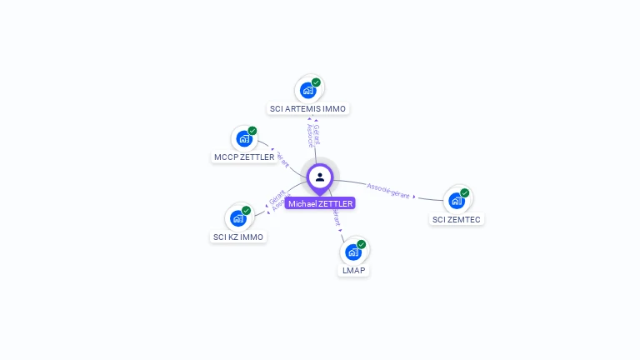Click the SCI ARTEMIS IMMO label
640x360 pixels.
(x=308, y=108)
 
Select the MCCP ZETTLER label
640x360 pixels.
(x=244, y=157)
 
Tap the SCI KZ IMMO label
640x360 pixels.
(x=238, y=237)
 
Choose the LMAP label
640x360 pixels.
(x=354, y=270)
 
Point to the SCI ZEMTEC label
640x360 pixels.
(x=456, y=219)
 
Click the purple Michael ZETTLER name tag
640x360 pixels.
(x=320, y=203)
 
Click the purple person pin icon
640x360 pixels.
(x=320, y=177)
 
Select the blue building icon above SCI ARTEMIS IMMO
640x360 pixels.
(x=307, y=90)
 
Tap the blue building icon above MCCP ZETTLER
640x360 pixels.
(x=243, y=138)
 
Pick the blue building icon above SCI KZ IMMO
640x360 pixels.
(x=237, y=218)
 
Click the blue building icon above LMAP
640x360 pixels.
(x=353, y=252)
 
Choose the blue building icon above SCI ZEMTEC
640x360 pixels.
(x=456, y=201)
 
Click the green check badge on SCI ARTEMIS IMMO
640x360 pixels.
(x=317, y=82)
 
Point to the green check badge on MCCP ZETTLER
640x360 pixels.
(x=252, y=131)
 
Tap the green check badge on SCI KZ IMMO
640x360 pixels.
(x=247, y=211)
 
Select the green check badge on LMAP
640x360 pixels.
(x=362, y=244)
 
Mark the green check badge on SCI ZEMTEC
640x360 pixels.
(x=465, y=193)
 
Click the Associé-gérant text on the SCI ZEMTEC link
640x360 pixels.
(x=388, y=190)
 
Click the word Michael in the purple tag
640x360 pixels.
(x=302, y=203)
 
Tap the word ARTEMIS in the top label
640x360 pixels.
(x=302, y=108)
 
